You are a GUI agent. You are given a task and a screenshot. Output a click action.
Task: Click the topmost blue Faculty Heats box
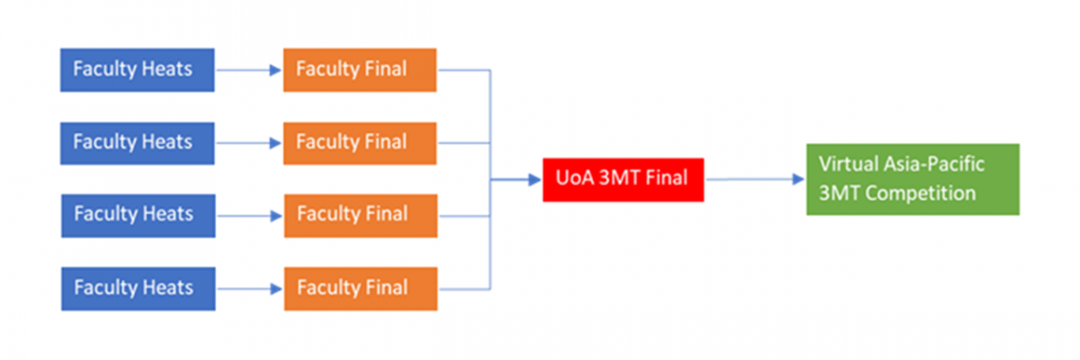tap(137, 69)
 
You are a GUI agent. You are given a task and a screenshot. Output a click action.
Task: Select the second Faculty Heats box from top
tap(137, 142)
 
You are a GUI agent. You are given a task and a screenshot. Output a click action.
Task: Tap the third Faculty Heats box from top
tap(138, 215)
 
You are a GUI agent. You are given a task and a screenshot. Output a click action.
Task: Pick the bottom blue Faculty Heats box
tap(138, 288)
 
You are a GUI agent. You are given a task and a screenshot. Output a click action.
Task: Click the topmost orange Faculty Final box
tap(360, 69)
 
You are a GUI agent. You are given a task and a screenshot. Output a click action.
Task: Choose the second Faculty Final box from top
tap(360, 142)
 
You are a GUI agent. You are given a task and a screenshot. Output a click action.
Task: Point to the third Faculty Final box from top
tap(360, 215)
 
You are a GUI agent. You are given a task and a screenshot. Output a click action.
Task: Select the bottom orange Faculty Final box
tap(360, 288)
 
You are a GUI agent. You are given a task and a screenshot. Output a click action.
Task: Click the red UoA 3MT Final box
tap(623, 179)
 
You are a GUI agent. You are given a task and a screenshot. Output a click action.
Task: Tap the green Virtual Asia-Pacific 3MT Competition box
tap(912, 179)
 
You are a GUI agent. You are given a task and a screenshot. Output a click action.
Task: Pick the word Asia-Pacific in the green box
tap(935, 166)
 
